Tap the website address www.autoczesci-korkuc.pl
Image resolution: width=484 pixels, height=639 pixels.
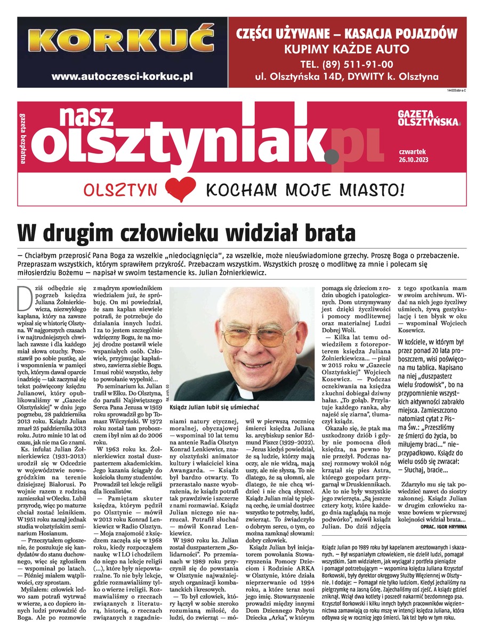pos(122,76)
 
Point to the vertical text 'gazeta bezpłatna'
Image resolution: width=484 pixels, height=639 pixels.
pos(23,133)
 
